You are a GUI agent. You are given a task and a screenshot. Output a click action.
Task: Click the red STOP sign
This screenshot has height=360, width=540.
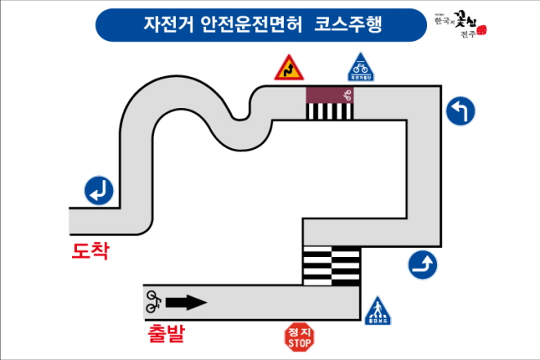299,336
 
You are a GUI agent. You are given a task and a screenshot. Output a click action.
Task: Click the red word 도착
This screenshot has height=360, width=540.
90,250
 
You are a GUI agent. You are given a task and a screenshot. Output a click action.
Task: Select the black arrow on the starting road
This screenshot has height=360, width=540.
186,303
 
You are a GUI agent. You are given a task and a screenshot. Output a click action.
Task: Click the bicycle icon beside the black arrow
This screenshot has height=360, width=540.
153,302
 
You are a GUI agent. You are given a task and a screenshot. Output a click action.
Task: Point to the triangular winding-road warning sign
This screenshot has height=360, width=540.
287,68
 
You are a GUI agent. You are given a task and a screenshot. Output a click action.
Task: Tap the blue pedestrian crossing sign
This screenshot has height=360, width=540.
377,311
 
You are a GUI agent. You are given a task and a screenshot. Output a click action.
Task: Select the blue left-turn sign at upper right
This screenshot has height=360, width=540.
461,111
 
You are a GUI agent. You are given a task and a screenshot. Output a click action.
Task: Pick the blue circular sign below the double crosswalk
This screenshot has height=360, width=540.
422,264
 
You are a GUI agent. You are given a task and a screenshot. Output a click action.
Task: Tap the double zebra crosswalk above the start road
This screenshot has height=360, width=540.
331,265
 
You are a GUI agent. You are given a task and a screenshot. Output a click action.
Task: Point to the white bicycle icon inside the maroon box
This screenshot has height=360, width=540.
347,94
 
